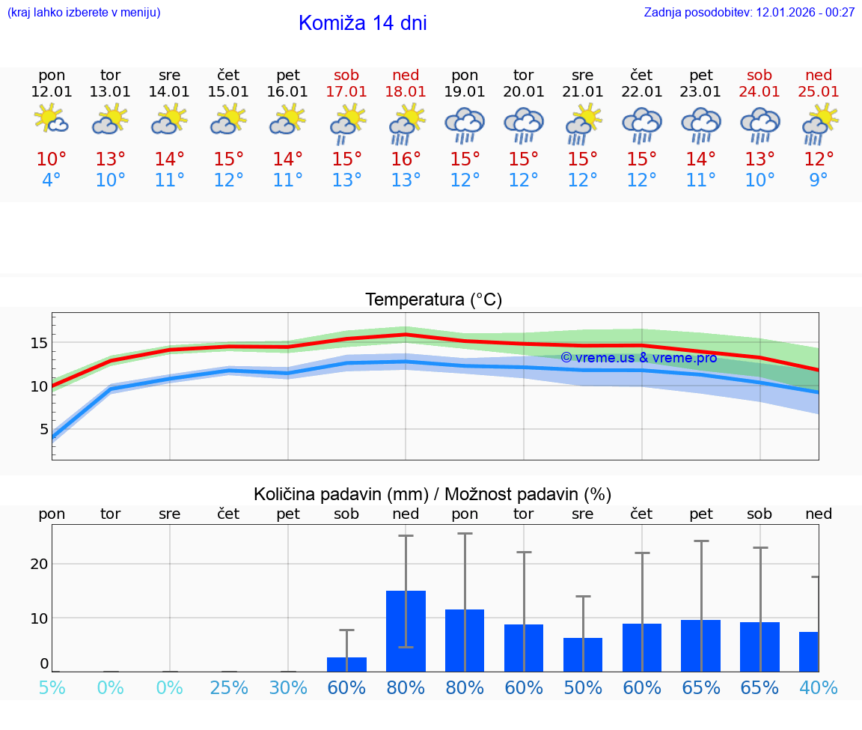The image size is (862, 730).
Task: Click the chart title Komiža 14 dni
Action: click(362, 23)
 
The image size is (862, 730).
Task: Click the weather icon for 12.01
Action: click(52, 120)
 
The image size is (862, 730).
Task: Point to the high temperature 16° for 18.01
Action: click(406, 159)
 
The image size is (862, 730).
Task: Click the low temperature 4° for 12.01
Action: click(52, 180)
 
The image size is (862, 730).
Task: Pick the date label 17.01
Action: click(346, 91)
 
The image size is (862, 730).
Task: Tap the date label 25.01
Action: click(819, 91)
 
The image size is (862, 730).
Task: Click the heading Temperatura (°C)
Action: click(433, 300)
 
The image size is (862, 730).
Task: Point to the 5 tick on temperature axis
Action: click(43, 429)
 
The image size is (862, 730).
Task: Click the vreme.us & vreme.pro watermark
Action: click(638, 358)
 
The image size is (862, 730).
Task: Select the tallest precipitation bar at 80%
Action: click(406, 630)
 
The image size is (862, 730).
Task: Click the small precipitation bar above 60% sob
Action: click(346, 664)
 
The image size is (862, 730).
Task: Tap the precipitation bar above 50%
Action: click(583, 654)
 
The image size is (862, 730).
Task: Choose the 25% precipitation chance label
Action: click(229, 687)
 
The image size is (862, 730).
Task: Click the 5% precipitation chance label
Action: click(52, 687)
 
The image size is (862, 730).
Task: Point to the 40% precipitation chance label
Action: click(819, 687)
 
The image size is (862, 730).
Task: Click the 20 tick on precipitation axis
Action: click(39, 564)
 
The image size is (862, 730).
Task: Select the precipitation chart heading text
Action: click(432, 494)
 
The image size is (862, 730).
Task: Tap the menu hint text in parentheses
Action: click(84, 12)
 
